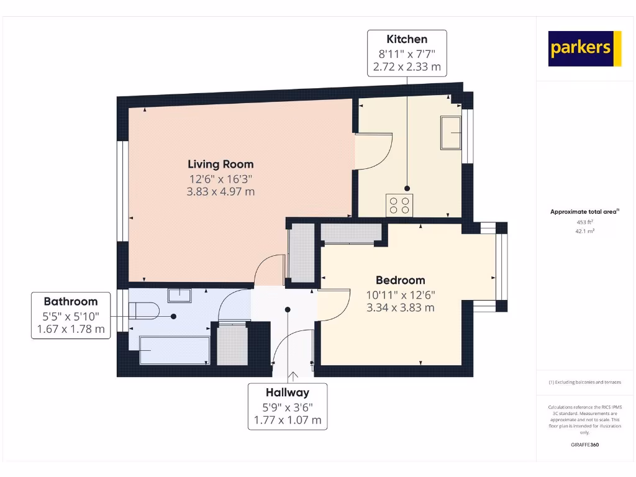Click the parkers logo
pos(584,48)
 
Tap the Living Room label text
pos(220,165)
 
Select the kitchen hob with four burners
pos(399,204)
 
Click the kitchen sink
pos(451,133)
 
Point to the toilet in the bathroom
pos(144,310)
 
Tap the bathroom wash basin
pos(179,294)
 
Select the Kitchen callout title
pos(407,39)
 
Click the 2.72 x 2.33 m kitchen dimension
pos(407,66)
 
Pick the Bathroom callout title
pos(70,302)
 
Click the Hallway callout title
pos(288,393)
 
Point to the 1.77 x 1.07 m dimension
pos(288,420)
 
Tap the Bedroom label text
pos(400,280)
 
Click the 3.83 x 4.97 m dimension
pos(220,192)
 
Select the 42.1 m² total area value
pos(584,230)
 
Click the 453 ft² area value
pos(584,222)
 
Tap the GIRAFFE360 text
pos(584,445)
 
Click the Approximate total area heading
pos(584,212)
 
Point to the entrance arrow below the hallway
pos(293,375)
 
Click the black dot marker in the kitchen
pos(407,188)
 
